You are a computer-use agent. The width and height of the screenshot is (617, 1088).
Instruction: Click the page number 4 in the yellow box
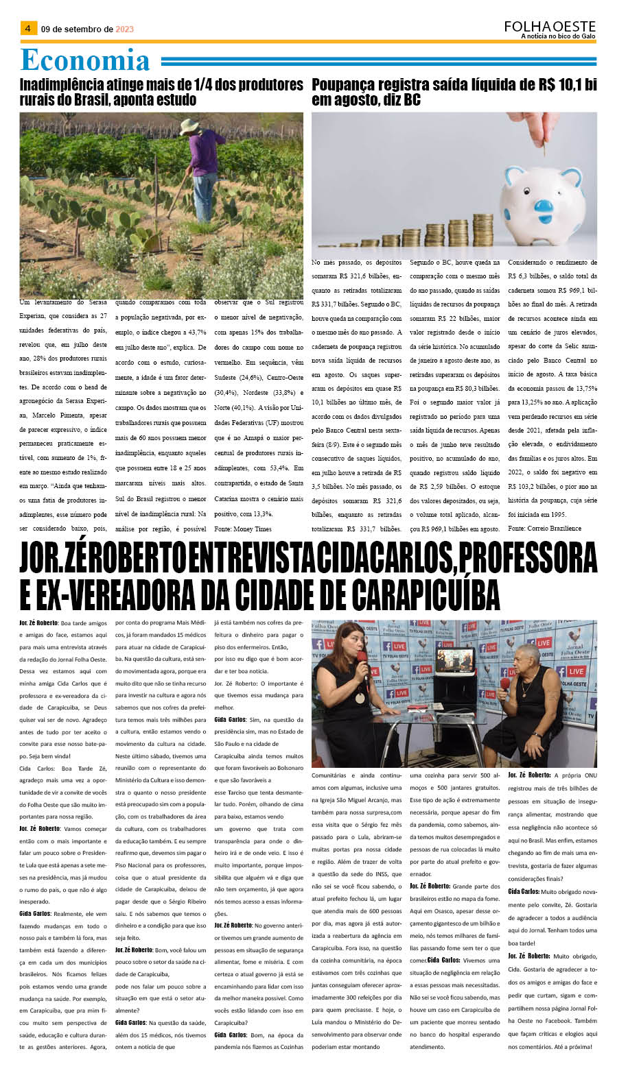(x=27, y=28)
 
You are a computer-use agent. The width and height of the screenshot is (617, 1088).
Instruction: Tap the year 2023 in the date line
(x=125, y=29)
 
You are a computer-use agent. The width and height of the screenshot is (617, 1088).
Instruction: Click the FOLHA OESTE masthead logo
(x=549, y=26)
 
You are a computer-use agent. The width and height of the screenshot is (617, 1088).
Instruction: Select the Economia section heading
(x=85, y=60)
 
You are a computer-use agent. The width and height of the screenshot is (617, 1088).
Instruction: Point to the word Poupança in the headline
(x=344, y=85)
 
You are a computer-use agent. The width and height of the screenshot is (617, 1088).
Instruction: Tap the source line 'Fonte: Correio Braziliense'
(x=544, y=528)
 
